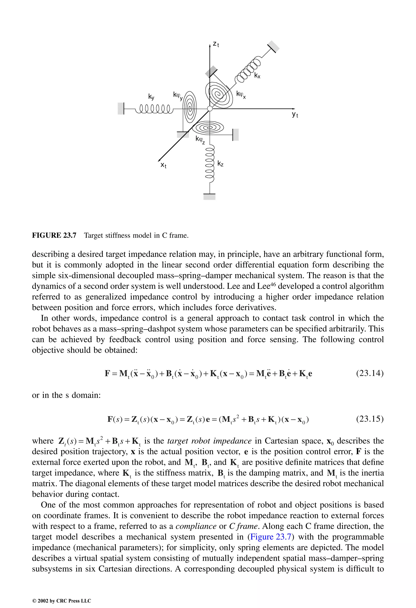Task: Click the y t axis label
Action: point(295,115)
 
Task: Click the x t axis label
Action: point(164,165)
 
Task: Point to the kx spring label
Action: point(257,76)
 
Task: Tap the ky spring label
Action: point(151,97)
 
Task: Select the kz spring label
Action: point(220,164)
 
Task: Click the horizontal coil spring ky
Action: point(154,108)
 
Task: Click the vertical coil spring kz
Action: point(210,162)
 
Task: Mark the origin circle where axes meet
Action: point(210,108)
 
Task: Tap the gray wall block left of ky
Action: point(121,108)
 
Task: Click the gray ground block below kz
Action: point(209,196)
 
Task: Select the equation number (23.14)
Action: point(370,373)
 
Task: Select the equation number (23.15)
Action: point(370,419)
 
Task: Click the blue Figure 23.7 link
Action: point(271,536)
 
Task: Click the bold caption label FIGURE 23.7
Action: point(54,235)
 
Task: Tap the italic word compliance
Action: point(196,526)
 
